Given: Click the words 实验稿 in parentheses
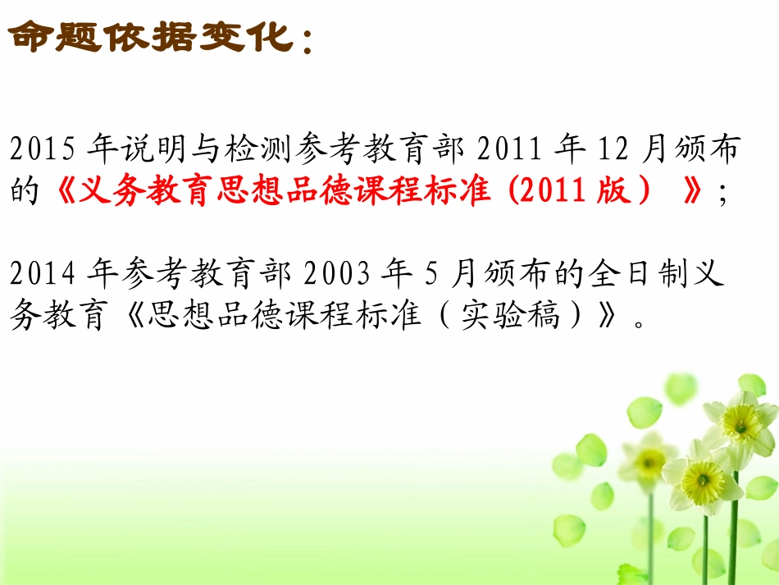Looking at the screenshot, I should point(508,317).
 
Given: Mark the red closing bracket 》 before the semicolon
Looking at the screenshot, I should point(693,193).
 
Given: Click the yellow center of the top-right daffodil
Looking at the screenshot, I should point(742,421).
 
